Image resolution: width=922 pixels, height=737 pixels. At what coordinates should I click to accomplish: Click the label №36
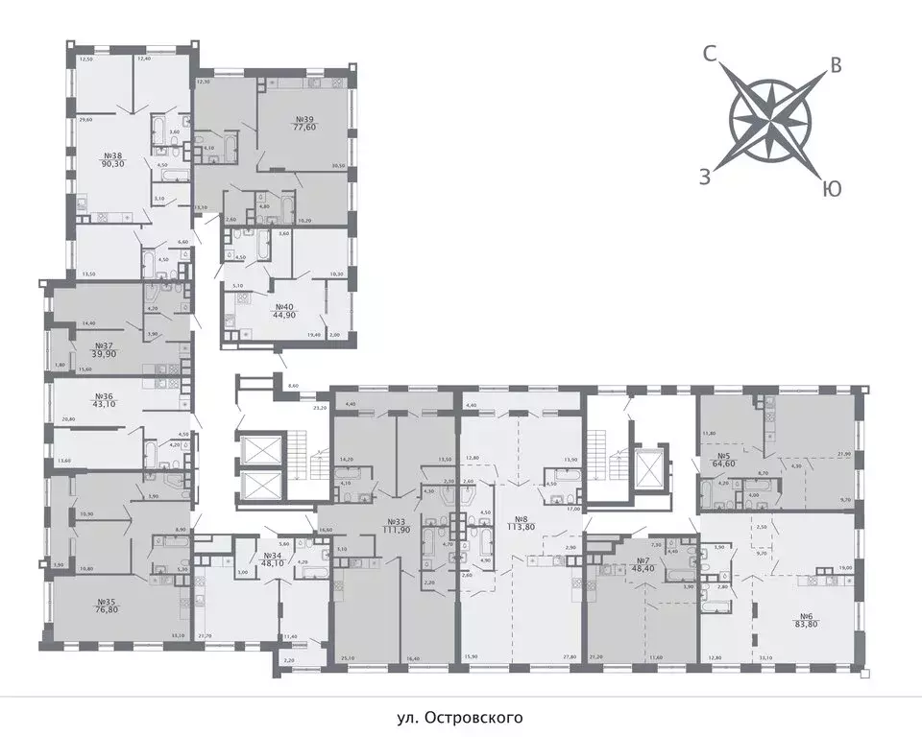click(x=103, y=395)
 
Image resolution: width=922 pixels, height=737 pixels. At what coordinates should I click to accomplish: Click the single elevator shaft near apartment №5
click(x=649, y=469)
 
